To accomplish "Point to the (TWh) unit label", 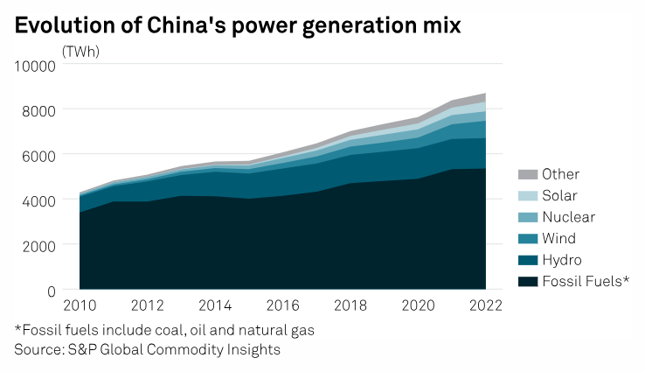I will point(80,51).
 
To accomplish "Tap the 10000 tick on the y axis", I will point(35,65).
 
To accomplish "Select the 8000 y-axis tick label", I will point(38,110).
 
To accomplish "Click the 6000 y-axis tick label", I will point(38,155).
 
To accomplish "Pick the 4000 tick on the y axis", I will point(38,200).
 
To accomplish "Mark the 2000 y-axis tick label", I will point(38,245).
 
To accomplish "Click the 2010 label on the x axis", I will point(80,306).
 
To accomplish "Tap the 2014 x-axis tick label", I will point(215,306).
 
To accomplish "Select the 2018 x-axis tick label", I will point(350,306).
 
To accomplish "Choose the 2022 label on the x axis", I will point(485,306).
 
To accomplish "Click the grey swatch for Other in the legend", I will point(526,174).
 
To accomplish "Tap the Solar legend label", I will point(560,195).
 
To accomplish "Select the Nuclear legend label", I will point(568,217).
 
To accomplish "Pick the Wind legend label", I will point(558,238).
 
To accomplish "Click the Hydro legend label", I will point(561,260).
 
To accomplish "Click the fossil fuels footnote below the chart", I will point(164,331).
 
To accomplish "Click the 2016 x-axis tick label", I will point(282,306).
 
